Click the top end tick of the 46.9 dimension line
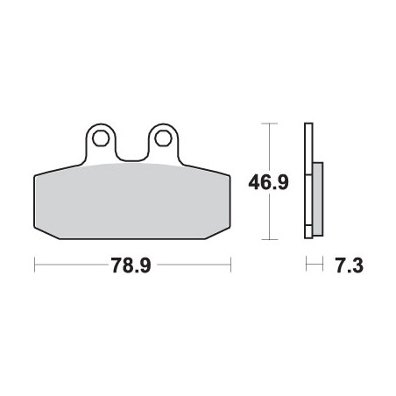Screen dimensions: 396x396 click(x=270, y=124)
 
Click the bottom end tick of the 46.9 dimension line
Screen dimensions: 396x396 click(x=270, y=238)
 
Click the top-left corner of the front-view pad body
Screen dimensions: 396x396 click(x=37, y=171)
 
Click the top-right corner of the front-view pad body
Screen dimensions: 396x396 click(x=227, y=171)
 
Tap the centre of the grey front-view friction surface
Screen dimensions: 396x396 click(x=131, y=202)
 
